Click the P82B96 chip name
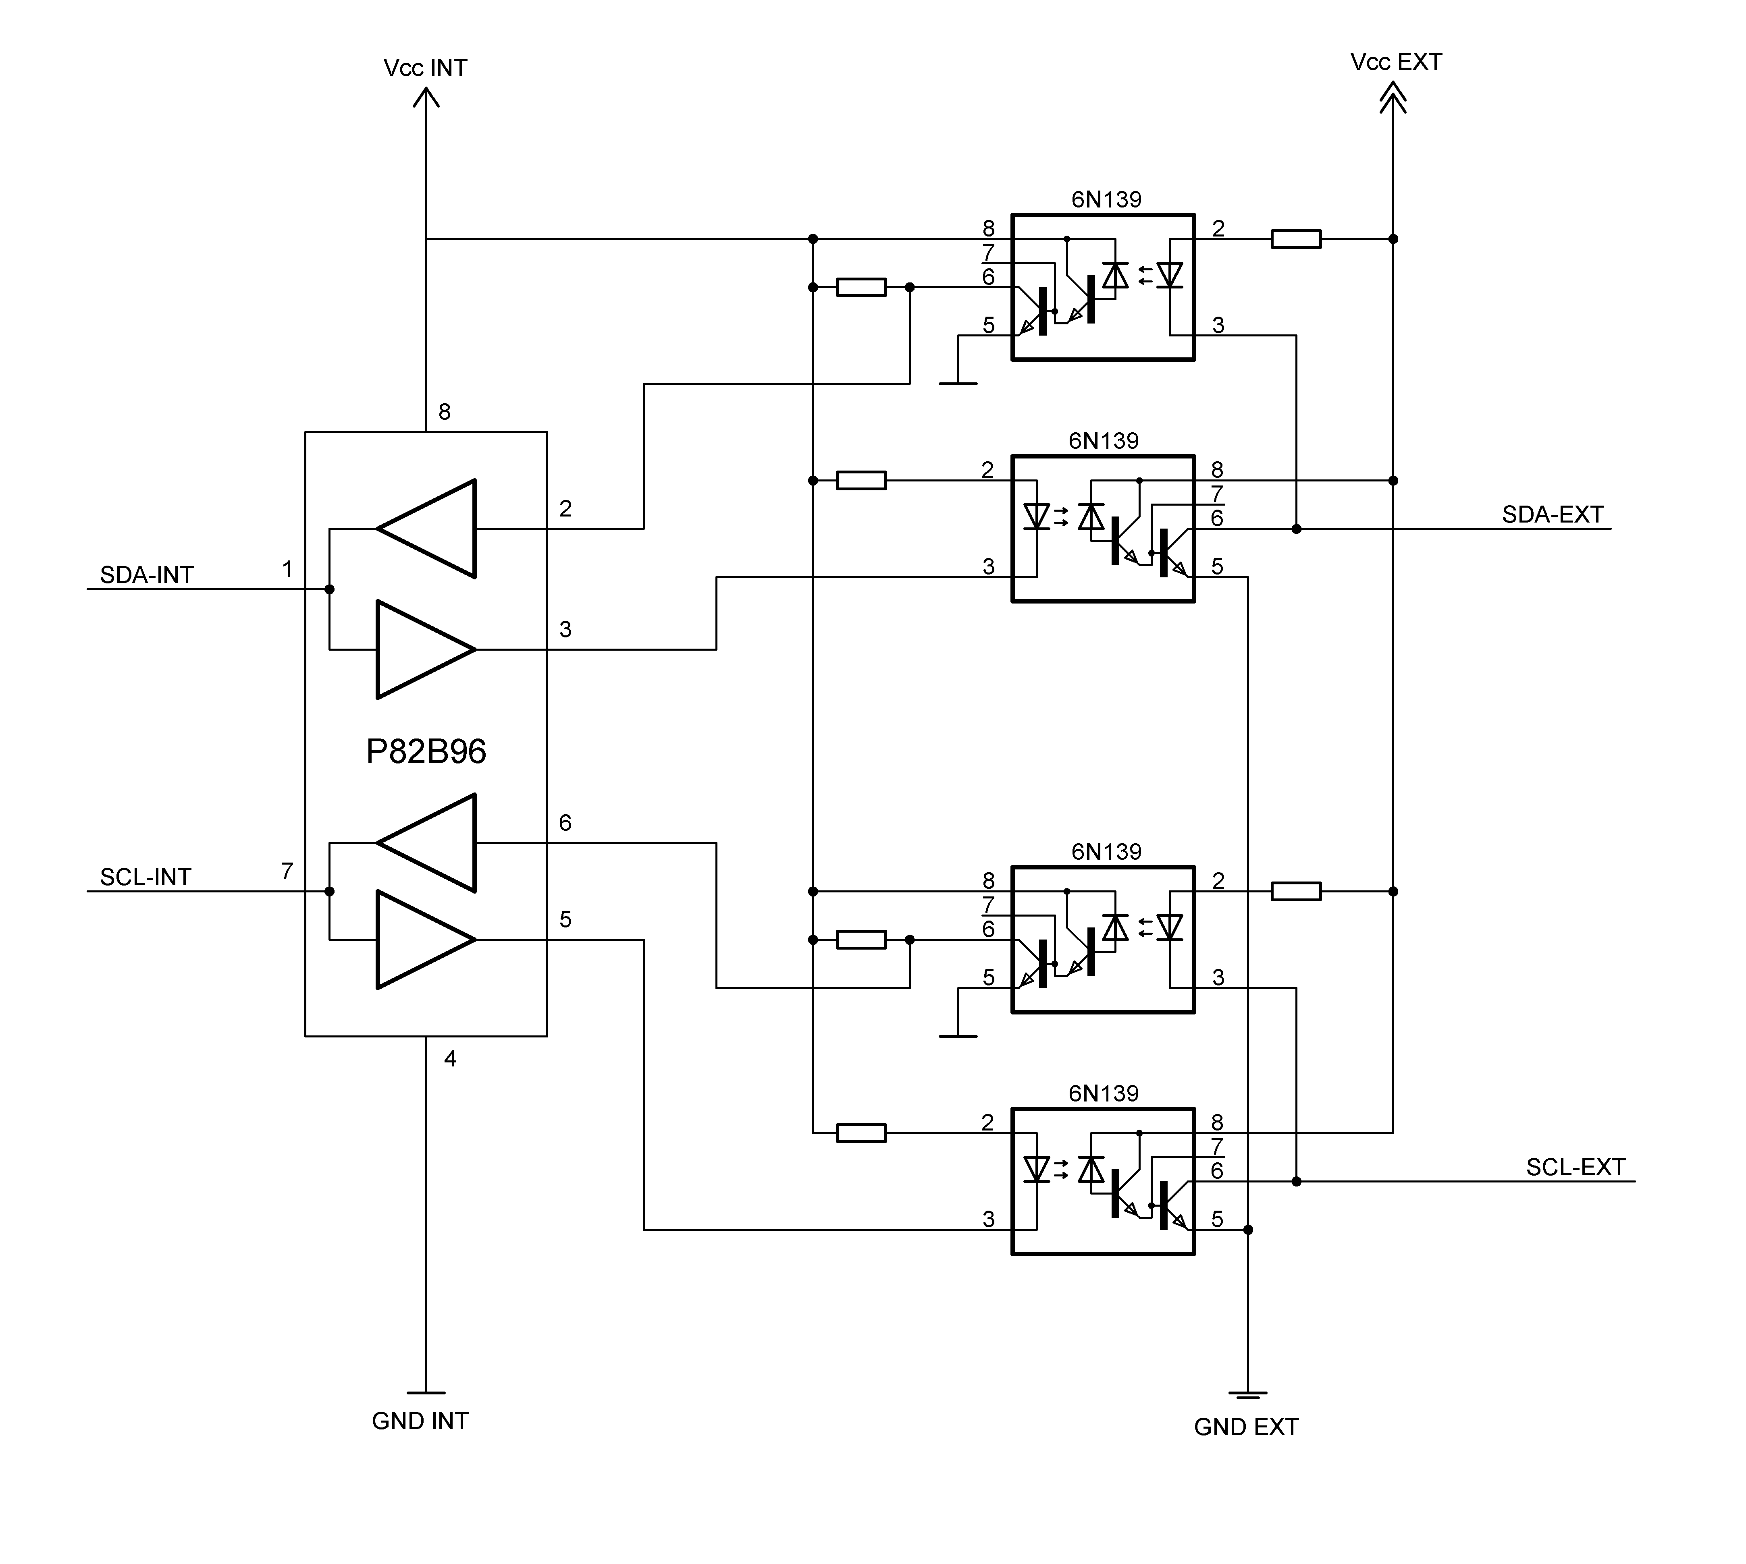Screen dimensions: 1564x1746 426,752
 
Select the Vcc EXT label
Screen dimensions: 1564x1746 1395,62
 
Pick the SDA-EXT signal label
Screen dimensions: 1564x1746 1553,515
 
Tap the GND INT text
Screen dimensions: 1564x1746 420,1421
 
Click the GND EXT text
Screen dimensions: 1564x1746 1246,1427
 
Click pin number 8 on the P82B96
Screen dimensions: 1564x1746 445,413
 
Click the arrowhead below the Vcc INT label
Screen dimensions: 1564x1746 426,97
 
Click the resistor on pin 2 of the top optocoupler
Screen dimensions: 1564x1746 1295,239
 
